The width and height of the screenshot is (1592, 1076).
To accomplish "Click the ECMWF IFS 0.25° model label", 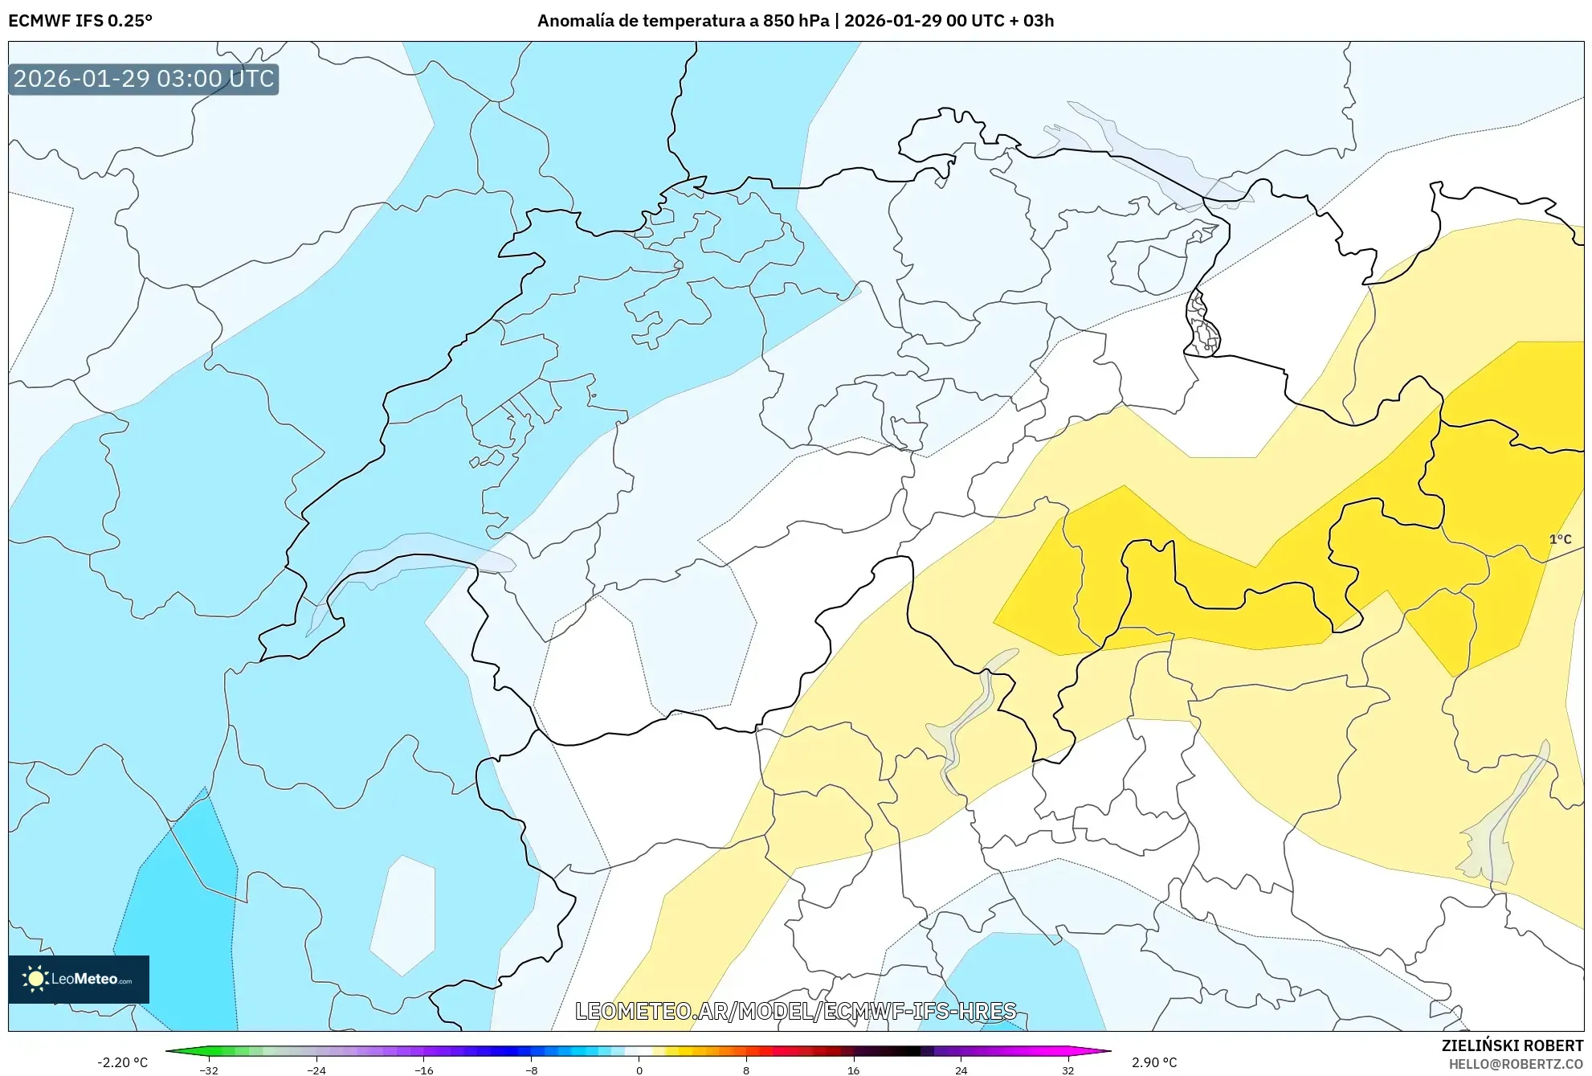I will coord(80,21).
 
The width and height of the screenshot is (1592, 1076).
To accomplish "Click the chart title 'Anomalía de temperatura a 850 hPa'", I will coord(683,21).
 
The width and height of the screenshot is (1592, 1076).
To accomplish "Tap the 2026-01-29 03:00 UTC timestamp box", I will coord(144,79).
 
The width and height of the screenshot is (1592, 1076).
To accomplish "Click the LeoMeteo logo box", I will coord(79,979).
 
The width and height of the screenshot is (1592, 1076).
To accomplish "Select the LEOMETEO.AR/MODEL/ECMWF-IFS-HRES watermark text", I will coord(795,1011).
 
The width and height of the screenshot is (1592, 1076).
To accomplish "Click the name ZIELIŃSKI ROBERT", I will coord(1512,1045).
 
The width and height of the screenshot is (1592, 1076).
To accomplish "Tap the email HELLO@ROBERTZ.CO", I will coord(1516,1064).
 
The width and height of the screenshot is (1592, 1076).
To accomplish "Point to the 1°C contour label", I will coord(1560,539).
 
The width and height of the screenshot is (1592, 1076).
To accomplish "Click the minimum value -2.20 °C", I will coord(123,1062).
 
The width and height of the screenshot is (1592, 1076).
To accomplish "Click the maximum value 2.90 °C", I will coord(1154,1062).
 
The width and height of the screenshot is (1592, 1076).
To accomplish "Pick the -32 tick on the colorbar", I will coord(209,1070).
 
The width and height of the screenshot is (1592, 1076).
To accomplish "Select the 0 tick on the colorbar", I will coord(639,1070).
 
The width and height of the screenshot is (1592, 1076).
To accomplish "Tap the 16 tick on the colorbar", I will coord(853,1070).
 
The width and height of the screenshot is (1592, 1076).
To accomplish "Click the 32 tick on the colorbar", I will coord(1067,1070).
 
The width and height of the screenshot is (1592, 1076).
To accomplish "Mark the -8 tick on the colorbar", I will coord(532,1070).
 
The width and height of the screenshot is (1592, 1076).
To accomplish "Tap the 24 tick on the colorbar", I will coord(961,1070).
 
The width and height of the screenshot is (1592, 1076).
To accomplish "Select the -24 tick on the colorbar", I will coord(316,1070).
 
